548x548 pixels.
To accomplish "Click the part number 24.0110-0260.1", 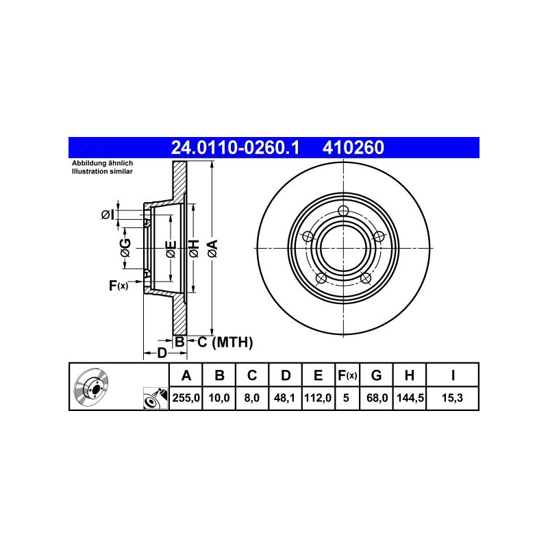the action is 235,147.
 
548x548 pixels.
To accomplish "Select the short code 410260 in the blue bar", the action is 353,147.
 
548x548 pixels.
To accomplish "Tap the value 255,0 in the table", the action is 186,398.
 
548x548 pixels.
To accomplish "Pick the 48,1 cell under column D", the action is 284,398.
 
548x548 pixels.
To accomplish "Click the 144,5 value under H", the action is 410,398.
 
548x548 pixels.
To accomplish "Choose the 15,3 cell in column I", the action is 452,398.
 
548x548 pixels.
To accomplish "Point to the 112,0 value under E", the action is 318,398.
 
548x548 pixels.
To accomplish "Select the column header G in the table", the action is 376,375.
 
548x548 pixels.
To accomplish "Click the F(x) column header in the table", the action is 347,375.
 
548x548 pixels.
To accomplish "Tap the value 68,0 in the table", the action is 377,398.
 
